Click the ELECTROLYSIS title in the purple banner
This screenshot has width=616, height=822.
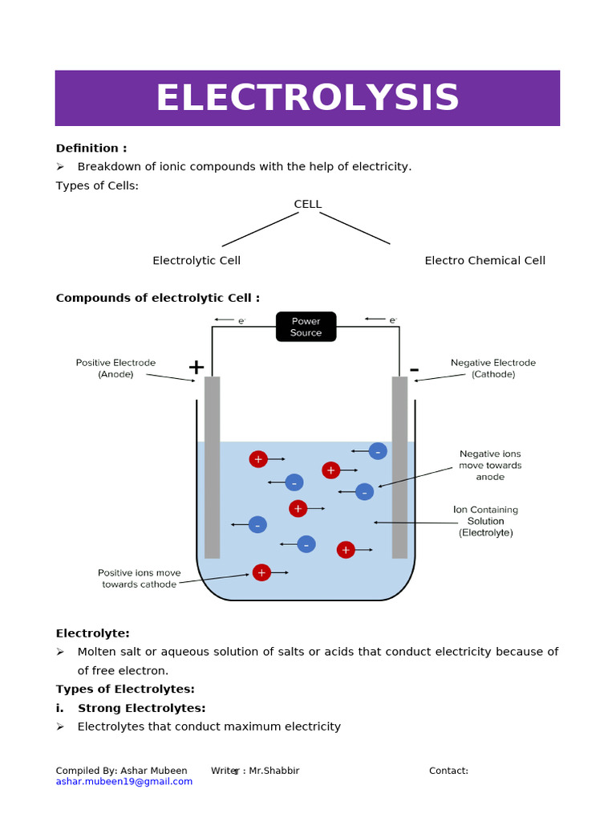pyautogui.click(x=307, y=98)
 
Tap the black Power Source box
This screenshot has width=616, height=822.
pyautogui.click(x=306, y=327)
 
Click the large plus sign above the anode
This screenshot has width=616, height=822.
pyautogui.click(x=196, y=368)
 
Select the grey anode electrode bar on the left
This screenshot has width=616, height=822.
pyautogui.click(x=212, y=467)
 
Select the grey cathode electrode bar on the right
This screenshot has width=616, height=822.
pyautogui.click(x=399, y=467)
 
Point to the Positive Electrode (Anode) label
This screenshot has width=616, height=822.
pyautogui.click(x=115, y=368)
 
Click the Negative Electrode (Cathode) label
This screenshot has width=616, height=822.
pyautogui.click(x=492, y=368)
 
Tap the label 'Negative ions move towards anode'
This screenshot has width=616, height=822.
pyautogui.click(x=490, y=465)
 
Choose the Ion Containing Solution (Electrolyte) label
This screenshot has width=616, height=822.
pyautogui.click(x=485, y=521)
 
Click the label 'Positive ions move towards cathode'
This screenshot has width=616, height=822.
pyautogui.click(x=139, y=579)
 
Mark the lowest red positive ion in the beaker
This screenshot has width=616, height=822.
pyautogui.click(x=261, y=572)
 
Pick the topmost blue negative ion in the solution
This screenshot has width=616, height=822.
pyautogui.click(x=378, y=451)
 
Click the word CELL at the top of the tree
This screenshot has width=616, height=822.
pyautogui.click(x=307, y=204)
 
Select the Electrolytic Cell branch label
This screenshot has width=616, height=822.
pyautogui.click(x=197, y=260)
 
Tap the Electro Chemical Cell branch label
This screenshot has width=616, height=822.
pyautogui.click(x=484, y=260)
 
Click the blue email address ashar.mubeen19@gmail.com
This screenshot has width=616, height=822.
pyautogui.click(x=124, y=781)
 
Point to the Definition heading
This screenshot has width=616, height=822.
pyautogui.click(x=91, y=148)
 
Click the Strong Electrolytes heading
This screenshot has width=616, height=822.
pyautogui.click(x=141, y=708)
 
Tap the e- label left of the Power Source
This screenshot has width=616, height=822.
pyautogui.click(x=241, y=320)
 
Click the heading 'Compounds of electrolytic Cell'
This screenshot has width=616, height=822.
pyautogui.click(x=157, y=298)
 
